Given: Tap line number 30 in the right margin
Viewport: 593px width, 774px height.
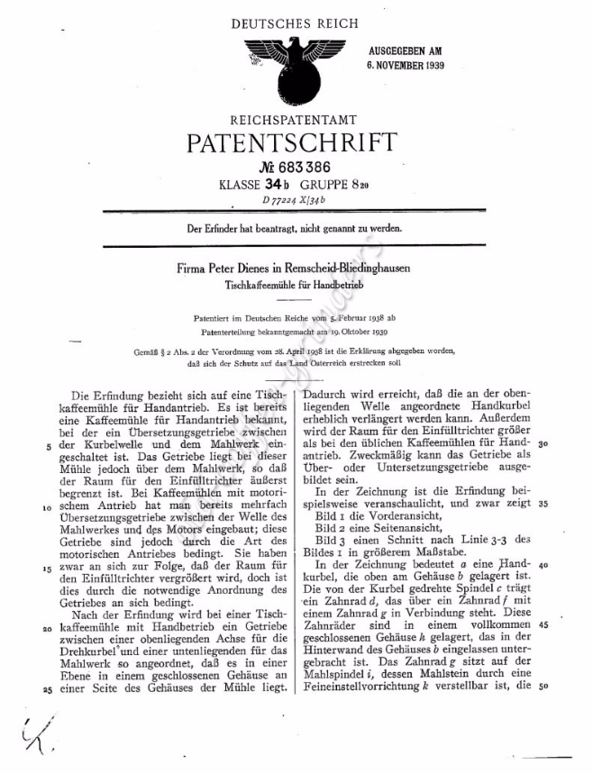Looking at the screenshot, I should (x=543, y=444).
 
